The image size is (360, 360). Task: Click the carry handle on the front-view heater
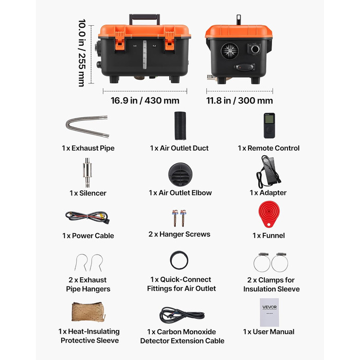(145, 16)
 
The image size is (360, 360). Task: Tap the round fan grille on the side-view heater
(229, 51)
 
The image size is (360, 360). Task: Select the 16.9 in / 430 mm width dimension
(145, 101)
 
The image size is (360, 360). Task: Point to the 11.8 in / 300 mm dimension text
(240, 101)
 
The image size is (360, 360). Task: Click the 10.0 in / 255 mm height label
(82, 53)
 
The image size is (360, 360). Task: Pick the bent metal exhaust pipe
(87, 127)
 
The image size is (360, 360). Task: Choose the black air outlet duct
(180, 125)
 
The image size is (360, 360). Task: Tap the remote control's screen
(269, 119)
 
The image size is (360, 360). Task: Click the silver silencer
(87, 172)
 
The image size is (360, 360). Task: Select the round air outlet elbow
(180, 175)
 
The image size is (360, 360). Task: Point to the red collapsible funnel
(269, 214)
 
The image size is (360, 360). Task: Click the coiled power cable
(87, 217)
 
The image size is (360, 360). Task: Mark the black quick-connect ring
(179, 260)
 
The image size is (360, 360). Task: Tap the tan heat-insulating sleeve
(88, 312)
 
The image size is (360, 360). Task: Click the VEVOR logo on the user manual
(269, 307)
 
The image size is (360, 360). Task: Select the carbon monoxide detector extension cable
(182, 315)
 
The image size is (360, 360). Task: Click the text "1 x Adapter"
(268, 193)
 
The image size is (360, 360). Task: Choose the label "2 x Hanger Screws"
(179, 234)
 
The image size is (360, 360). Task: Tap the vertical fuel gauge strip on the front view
(145, 55)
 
